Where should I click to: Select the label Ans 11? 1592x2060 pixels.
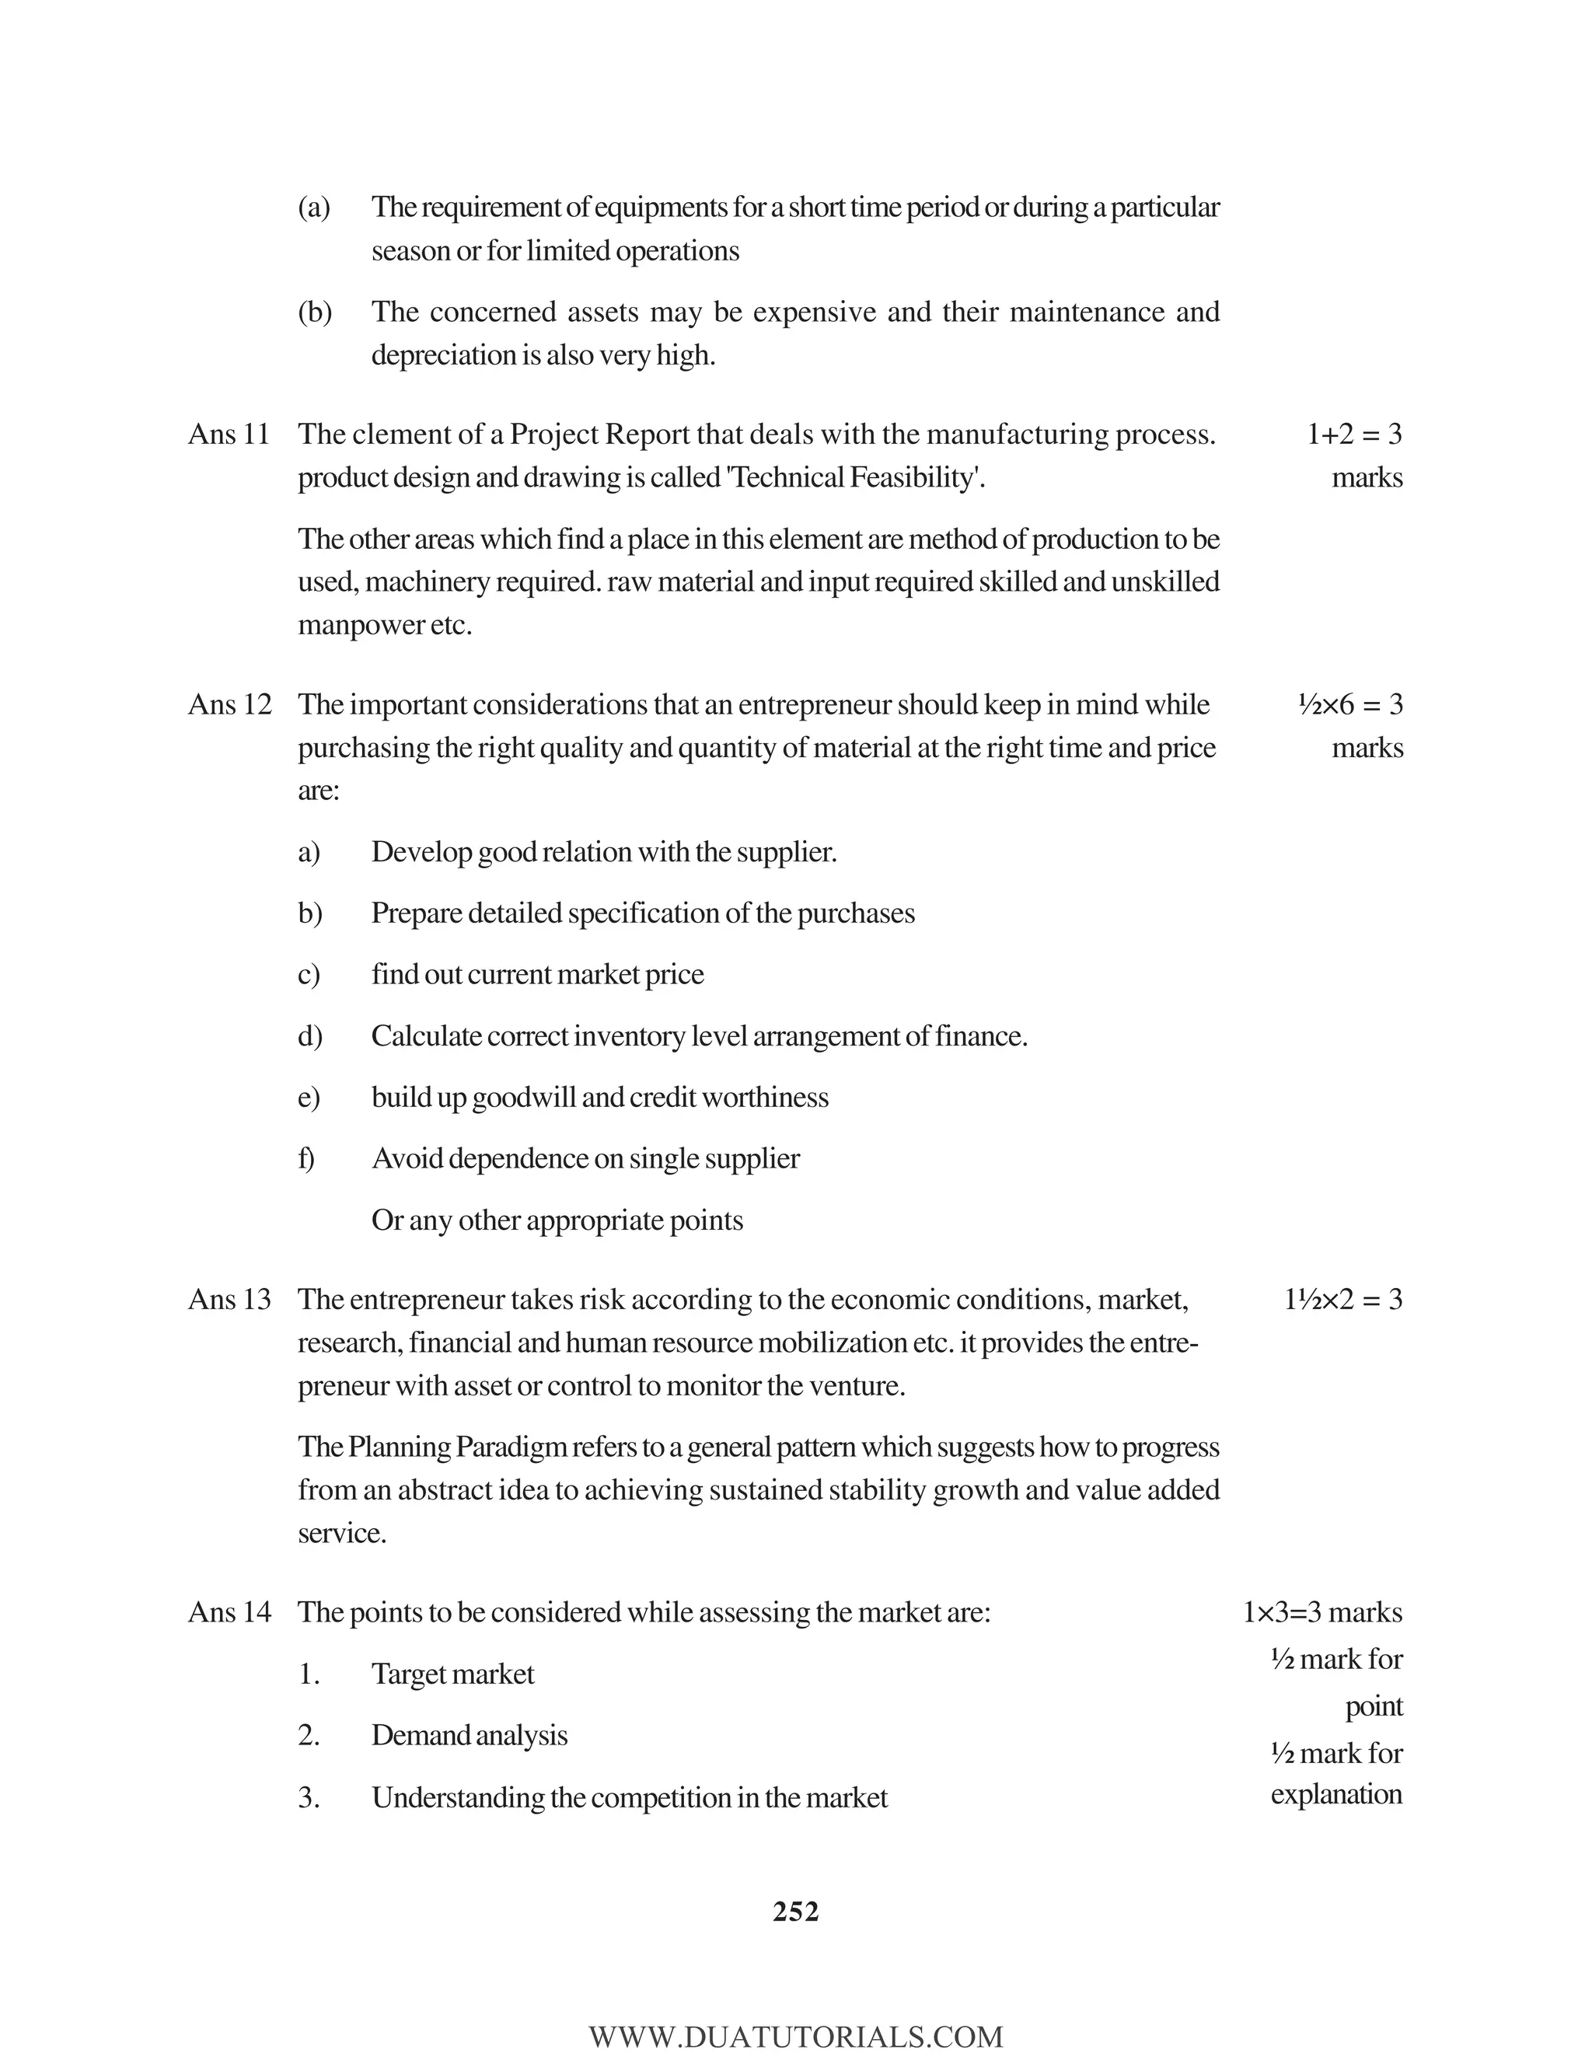[x=229, y=434]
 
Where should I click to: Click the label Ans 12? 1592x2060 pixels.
[x=229, y=704]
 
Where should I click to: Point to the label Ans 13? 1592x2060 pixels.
[x=229, y=1300]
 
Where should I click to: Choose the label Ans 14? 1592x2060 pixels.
[x=229, y=1612]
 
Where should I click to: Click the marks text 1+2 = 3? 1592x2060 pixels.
[x=1353, y=434]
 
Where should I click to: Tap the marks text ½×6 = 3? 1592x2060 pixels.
[x=1349, y=704]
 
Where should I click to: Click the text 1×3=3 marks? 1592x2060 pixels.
[x=1322, y=1612]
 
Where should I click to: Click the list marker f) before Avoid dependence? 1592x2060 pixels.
[x=306, y=1158]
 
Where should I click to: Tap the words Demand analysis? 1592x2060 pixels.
[x=469, y=1736]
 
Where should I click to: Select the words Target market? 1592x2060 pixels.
[x=452, y=1674]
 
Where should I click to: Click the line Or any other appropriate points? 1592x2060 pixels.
[x=557, y=1220]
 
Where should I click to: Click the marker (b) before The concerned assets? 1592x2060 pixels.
[x=314, y=312]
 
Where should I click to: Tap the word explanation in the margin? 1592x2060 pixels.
[x=1335, y=1794]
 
